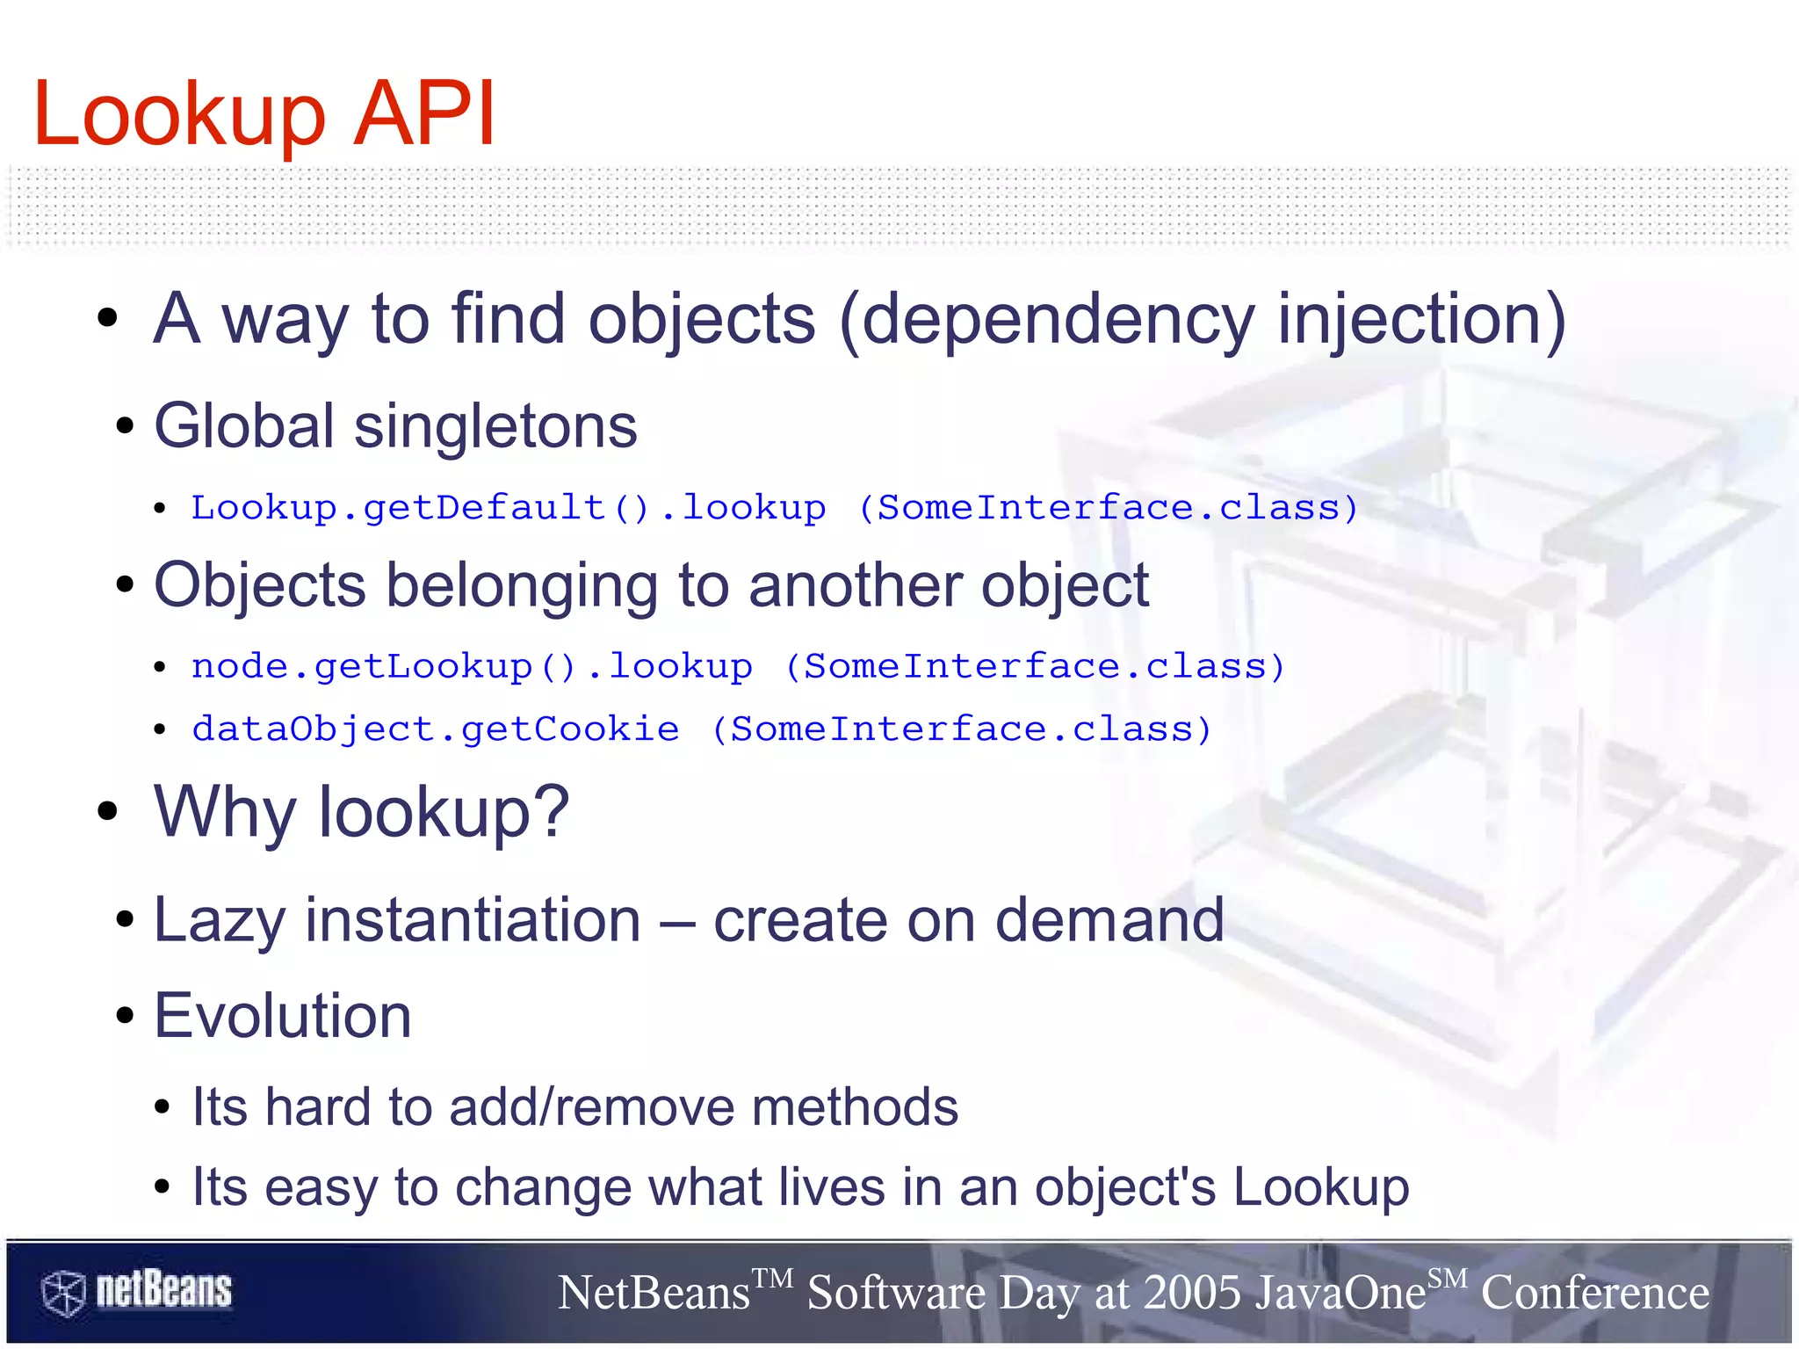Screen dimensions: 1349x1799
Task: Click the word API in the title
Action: (x=424, y=114)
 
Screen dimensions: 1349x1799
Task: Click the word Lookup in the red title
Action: (x=179, y=116)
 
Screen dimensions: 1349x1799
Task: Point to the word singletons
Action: (x=495, y=427)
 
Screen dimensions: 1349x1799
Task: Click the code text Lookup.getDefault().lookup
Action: (x=509, y=508)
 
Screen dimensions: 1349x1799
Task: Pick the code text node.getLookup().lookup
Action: (x=472, y=667)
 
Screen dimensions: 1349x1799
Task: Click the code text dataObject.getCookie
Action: (x=436, y=729)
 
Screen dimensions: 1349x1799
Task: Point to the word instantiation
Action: (x=473, y=920)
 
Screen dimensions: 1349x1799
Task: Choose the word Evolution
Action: (x=283, y=1016)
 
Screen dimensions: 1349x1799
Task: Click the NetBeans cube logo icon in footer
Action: (x=63, y=1293)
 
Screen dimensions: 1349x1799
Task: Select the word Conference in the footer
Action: (x=1595, y=1293)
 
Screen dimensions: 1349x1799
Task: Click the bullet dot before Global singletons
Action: (x=125, y=427)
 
